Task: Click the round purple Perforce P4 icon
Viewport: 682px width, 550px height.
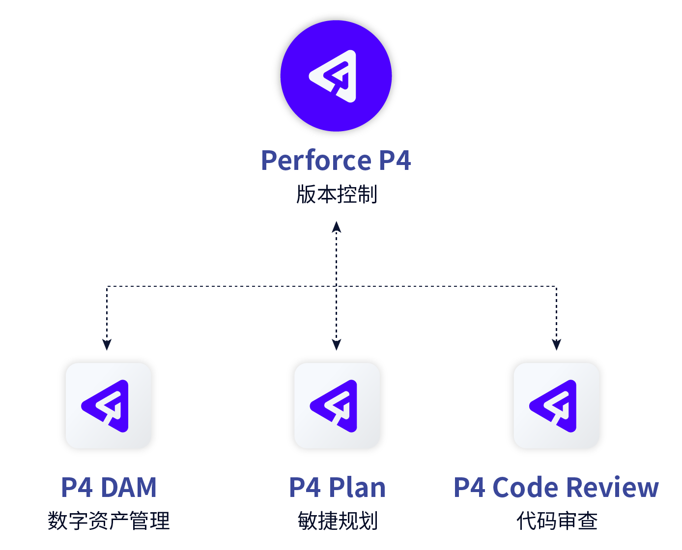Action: click(x=336, y=76)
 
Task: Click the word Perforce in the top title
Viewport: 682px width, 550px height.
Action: click(x=316, y=161)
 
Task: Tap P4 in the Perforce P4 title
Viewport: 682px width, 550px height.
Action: click(x=395, y=161)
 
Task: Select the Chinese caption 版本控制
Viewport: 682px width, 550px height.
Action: click(x=337, y=194)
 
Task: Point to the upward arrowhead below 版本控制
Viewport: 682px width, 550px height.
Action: click(x=337, y=227)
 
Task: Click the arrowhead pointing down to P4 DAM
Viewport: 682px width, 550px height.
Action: click(x=107, y=344)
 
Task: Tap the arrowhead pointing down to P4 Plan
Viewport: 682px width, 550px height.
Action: click(x=337, y=344)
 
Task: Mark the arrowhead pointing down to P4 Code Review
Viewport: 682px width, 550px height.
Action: click(x=556, y=344)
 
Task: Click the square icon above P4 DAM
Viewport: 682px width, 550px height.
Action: click(x=108, y=406)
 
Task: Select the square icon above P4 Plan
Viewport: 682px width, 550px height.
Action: click(x=337, y=406)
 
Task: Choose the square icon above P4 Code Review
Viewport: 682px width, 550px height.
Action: click(x=556, y=406)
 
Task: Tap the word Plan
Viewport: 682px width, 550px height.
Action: click(x=357, y=488)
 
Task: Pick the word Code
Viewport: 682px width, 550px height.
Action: click(x=525, y=488)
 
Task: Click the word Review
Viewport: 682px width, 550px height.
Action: click(x=612, y=488)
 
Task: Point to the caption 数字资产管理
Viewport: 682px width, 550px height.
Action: click(x=109, y=521)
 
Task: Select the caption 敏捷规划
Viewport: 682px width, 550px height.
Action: click(x=337, y=521)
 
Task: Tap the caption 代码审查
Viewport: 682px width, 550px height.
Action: click(x=557, y=521)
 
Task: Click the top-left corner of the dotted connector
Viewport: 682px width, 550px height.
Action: click(x=107, y=286)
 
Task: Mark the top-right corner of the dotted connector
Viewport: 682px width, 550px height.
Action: click(x=556, y=286)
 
